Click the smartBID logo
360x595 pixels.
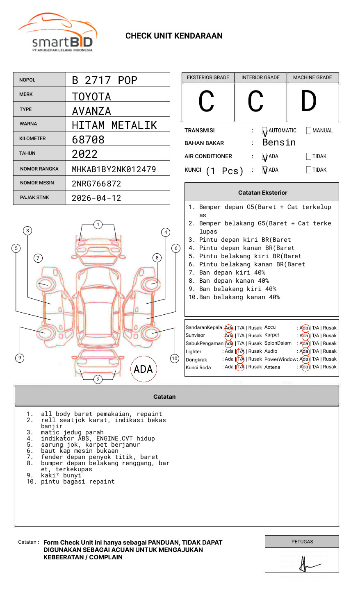[58, 33]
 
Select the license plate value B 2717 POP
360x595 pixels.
[104, 80]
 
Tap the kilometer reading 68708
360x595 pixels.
[88, 140]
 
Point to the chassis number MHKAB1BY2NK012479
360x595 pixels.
[114, 169]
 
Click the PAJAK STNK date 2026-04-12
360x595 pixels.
[96, 198]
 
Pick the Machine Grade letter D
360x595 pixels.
[308, 102]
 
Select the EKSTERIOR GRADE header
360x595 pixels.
[208, 77]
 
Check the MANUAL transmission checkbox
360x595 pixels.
[309, 131]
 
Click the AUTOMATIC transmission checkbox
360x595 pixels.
[264, 131]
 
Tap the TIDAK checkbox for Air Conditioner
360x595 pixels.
[309, 157]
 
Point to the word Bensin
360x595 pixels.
[279, 143]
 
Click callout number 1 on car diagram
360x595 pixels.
[98, 224]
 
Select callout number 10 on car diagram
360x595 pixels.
[175, 358]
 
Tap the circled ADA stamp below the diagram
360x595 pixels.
[143, 369]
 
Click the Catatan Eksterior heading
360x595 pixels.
[262, 193]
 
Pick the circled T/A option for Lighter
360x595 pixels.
[240, 351]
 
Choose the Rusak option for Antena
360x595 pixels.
[330, 367]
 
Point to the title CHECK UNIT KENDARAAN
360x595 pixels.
[174, 36]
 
